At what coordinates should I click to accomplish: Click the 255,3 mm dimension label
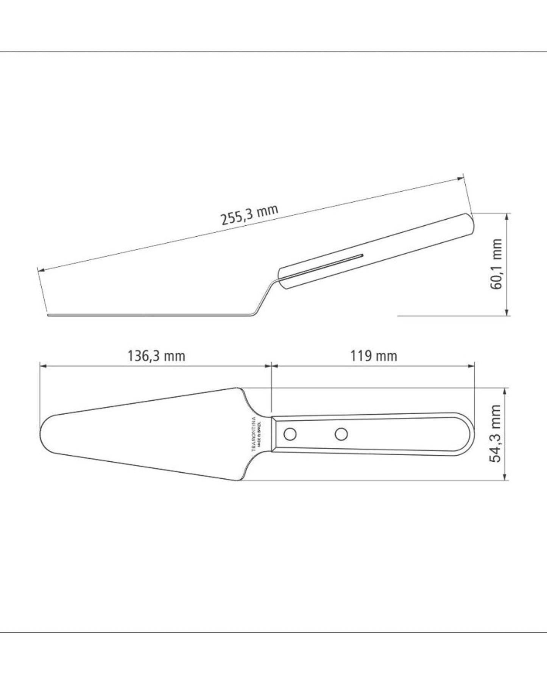point(250,215)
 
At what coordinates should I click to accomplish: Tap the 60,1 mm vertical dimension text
point(496,264)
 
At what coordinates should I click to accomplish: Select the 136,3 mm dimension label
point(156,356)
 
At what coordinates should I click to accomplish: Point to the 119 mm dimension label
point(373,356)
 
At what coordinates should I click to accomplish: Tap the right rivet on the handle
point(341,434)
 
